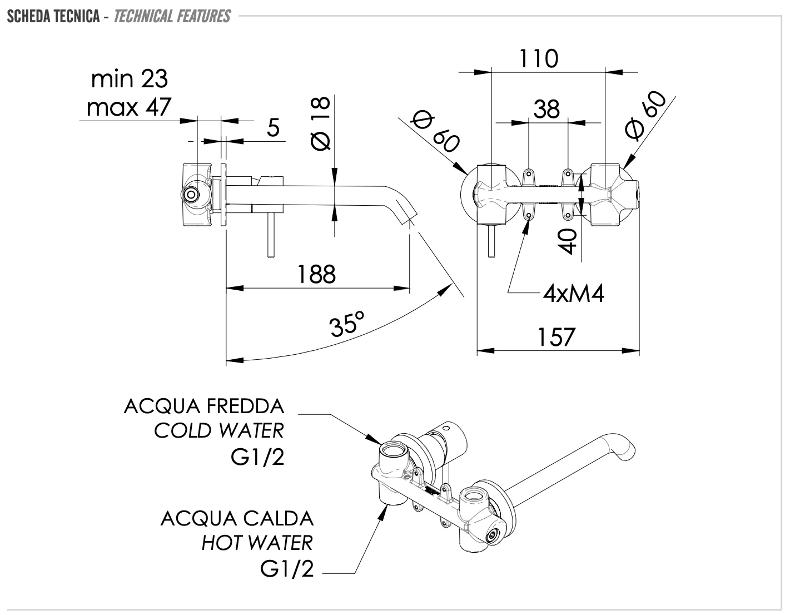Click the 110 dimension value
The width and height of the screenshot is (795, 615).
point(539,58)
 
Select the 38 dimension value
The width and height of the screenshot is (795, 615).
point(546,110)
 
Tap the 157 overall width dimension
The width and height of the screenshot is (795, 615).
point(556,337)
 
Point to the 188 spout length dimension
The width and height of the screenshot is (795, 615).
point(316,274)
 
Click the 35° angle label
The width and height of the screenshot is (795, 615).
point(347,324)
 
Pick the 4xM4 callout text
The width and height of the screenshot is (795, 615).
point(573,293)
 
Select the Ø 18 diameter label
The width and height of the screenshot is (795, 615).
point(321,123)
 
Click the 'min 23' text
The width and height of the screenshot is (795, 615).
point(129,79)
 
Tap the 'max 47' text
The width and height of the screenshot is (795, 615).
point(129,107)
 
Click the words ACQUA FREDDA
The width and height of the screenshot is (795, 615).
point(204,406)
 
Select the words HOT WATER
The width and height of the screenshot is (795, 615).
point(257,542)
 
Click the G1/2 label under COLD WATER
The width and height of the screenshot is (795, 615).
point(257,458)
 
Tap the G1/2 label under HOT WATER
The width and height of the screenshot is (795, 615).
point(287,569)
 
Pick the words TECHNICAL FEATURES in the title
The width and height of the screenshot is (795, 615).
point(172,16)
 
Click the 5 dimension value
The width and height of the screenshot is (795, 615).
point(273,128)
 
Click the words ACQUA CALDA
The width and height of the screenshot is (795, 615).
point(237,518)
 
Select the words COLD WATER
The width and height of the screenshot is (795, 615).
point(218,430)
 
